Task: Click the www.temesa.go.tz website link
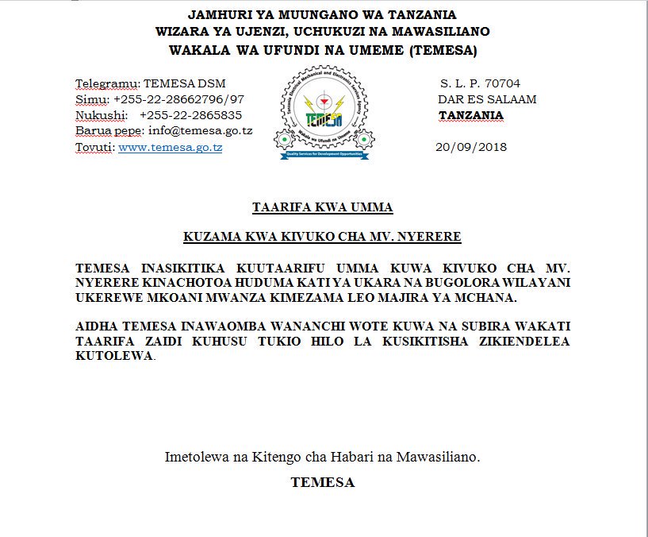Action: (x=170, y=147)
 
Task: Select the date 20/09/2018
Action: (x=471, y=147)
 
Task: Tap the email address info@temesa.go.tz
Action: (x=200, y=131)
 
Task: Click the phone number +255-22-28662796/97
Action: (x=178, y=99)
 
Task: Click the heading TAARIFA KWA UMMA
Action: (x=322, y=208)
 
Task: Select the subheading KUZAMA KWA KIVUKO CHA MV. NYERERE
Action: (x=322, y=237)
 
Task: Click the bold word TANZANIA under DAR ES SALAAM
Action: (x=471, y=115)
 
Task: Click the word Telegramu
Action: (x=107, y=83)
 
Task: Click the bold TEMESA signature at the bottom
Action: (x=322, y=482)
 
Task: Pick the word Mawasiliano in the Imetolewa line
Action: (x=441, y=458)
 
